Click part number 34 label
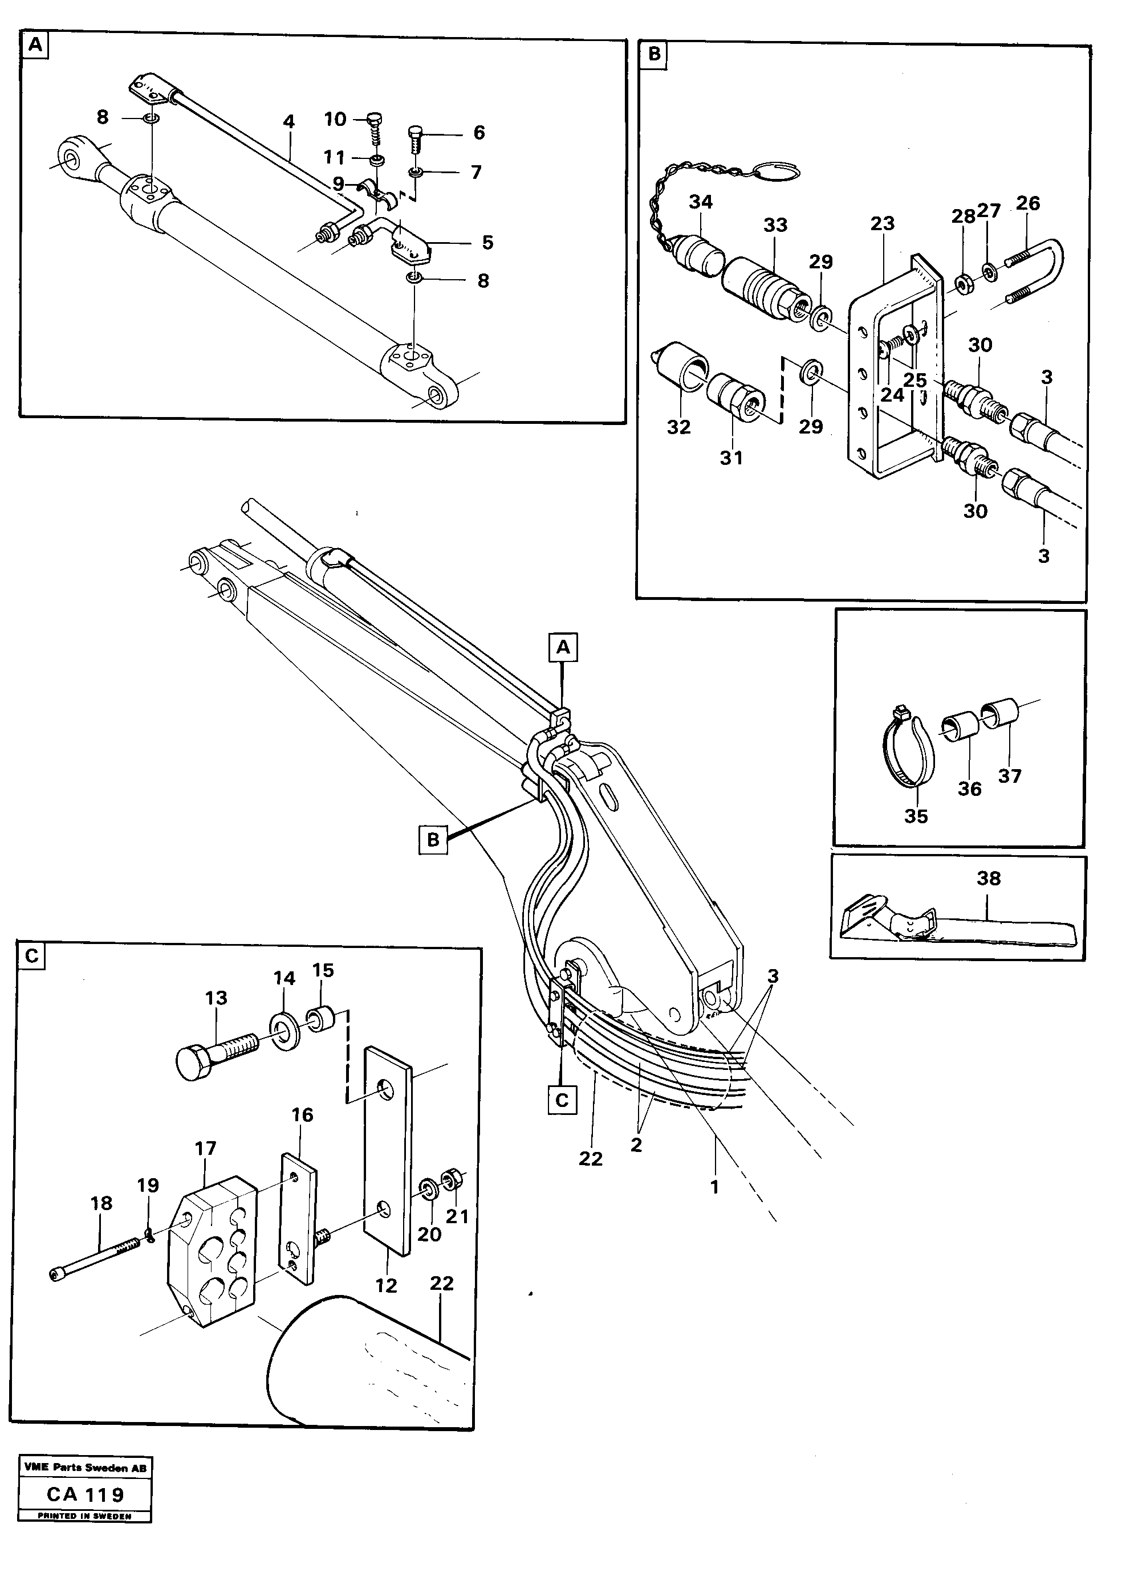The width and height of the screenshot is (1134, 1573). coord(700,202)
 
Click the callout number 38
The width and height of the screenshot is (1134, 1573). coord(988,878)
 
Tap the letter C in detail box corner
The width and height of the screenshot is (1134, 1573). coord(32,957)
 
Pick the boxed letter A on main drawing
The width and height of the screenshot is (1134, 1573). coord(563,647)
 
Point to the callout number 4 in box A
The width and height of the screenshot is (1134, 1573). coord(288,122)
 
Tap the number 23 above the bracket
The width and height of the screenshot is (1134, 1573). coord(882,223)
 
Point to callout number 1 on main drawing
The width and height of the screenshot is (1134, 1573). coord(714,1187)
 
